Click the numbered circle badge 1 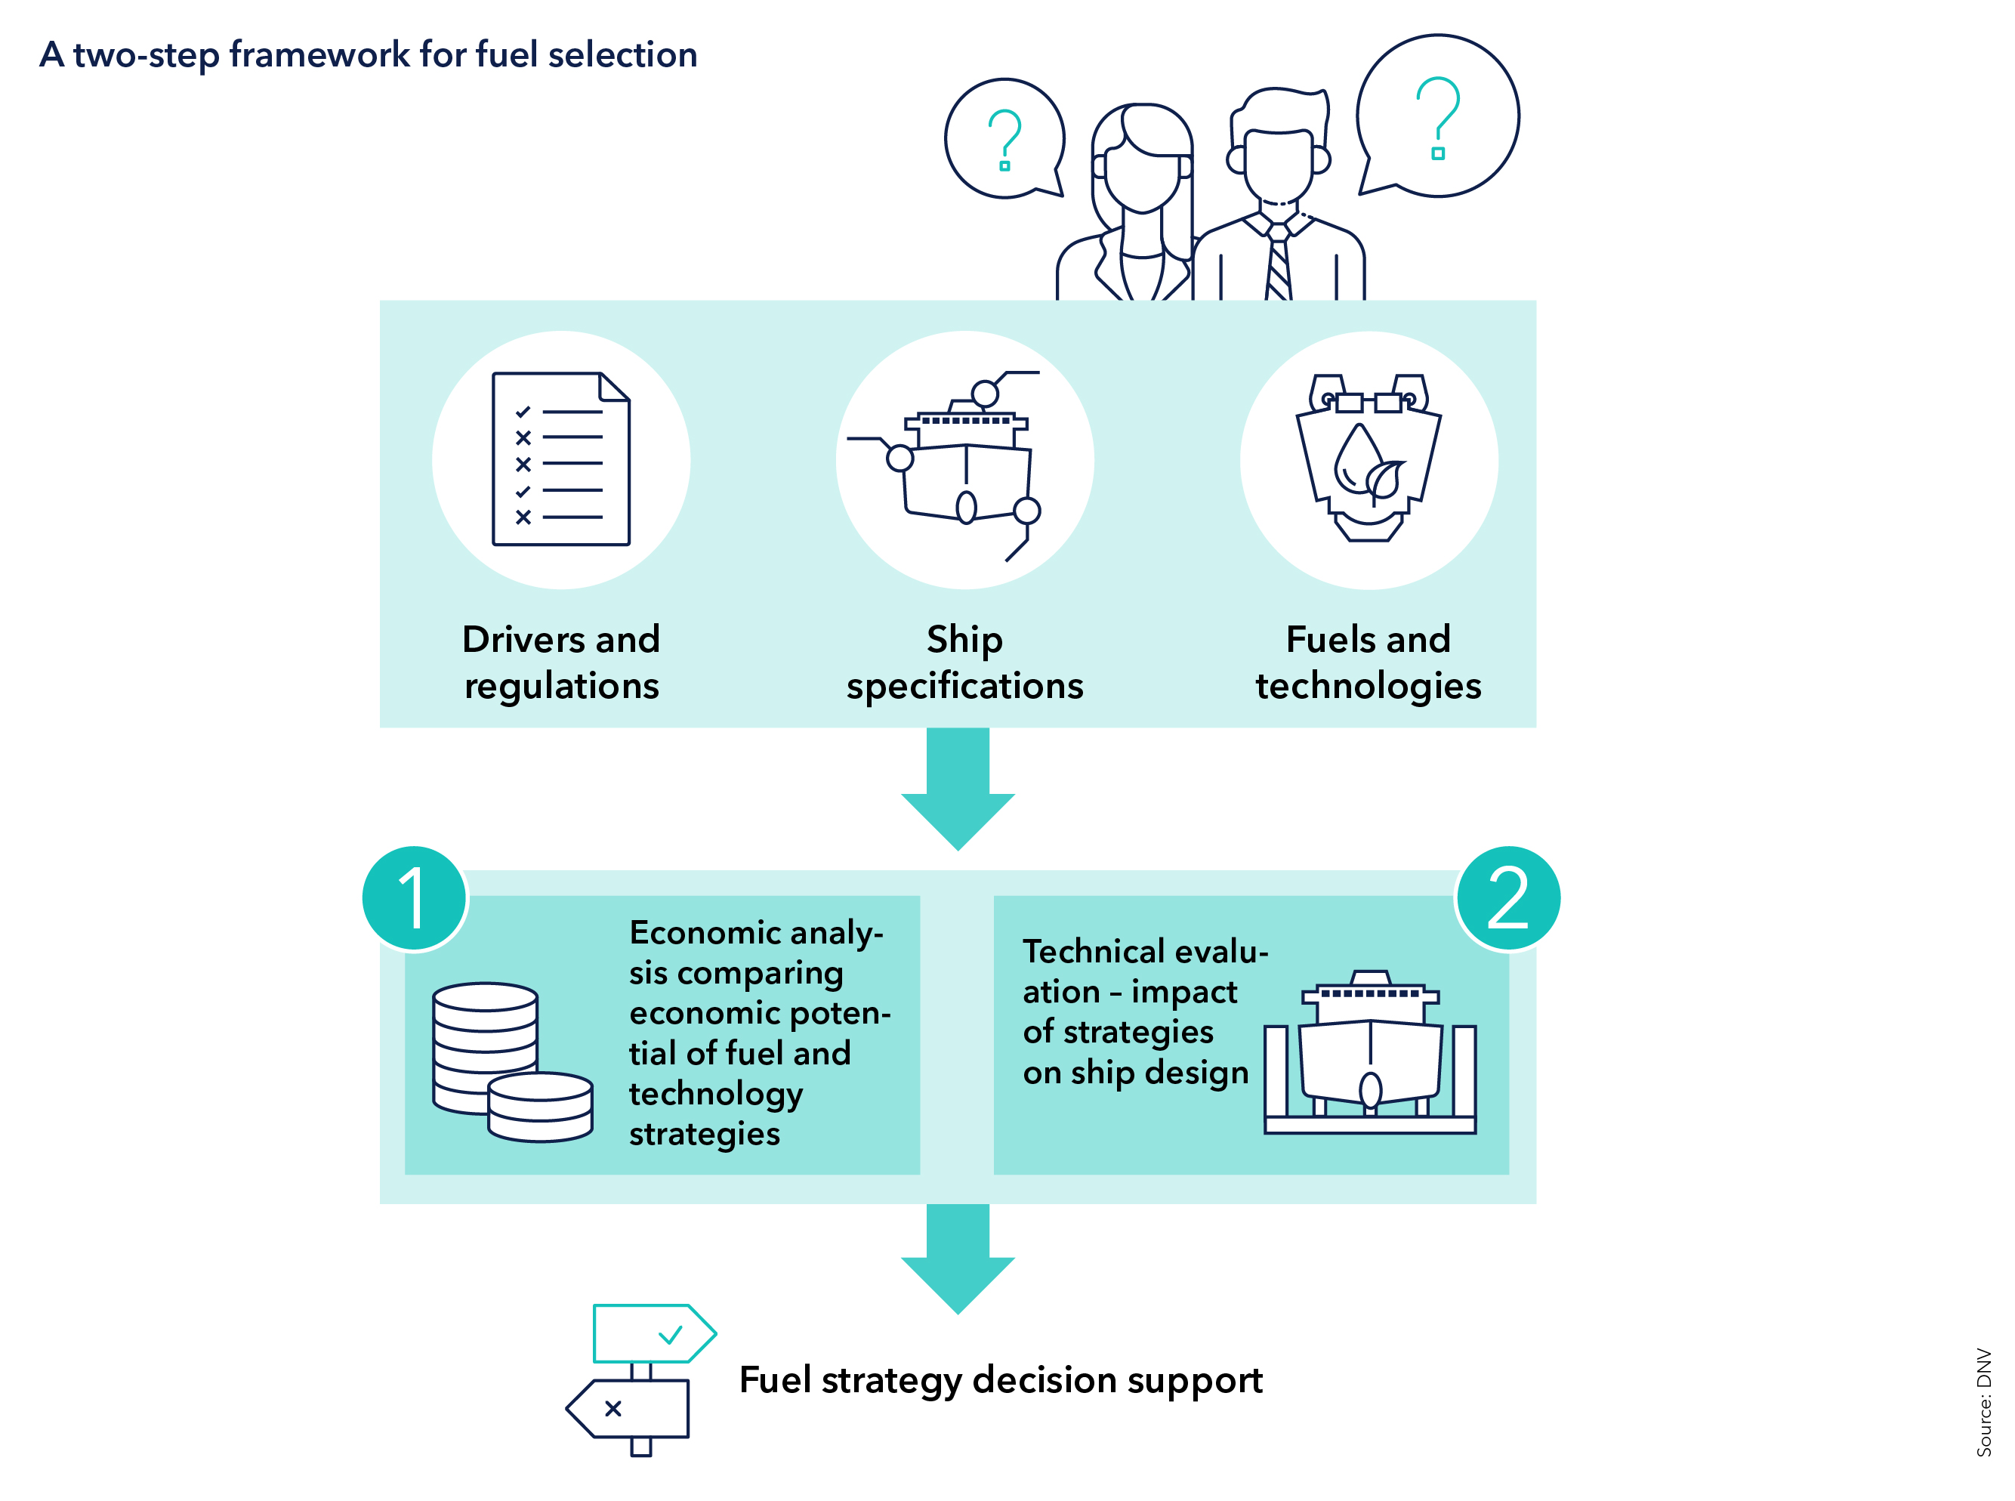point(415,897)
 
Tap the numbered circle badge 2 point(1507,897)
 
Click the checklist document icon point(560,459)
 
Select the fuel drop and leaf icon point(1369,459)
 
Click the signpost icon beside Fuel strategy point(641,1379)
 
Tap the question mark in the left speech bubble point(1004,139)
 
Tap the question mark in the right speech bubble point(1438,117)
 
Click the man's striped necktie point(1278,264)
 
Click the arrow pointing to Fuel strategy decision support point(958,1258)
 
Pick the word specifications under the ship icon point(964,687)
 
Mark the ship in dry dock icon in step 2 point(1370,1054)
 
